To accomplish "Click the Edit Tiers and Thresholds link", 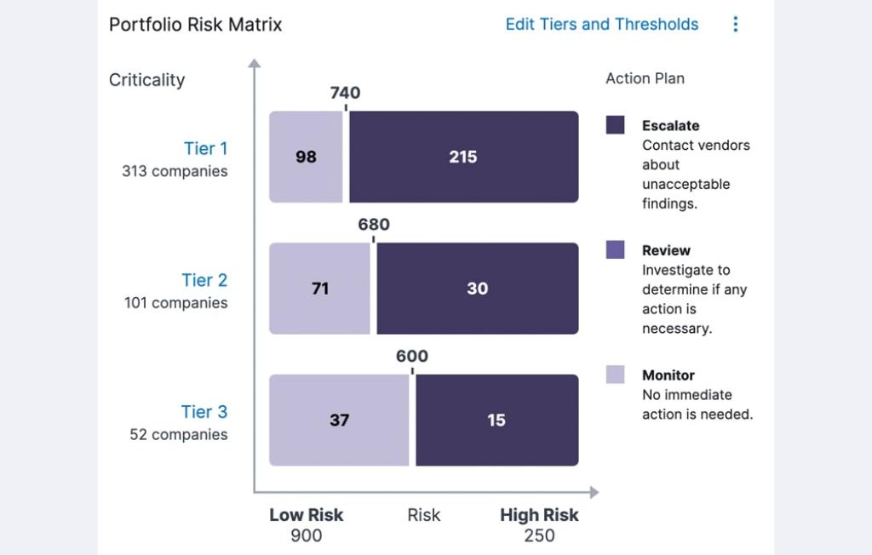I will pos(601,25).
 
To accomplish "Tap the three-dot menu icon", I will pos(736,25).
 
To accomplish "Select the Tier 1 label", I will pos(205,149).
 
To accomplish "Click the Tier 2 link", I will pos(204,280).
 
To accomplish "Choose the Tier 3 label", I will pos(204,412).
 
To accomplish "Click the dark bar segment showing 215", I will pos(463,157).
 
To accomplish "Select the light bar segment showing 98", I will pos(306,157).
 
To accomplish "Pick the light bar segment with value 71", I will pos(319,289).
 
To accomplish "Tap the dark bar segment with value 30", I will pos(477,289).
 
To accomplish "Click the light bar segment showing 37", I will pos(339,420).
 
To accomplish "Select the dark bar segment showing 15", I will pos(496,420).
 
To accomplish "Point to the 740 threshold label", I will pos(345,93).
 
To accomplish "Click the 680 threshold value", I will pos(373,225).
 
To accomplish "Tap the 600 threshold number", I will pos(412,357).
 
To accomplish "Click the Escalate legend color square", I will pos(615,125).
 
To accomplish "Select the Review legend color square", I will pos(615,249).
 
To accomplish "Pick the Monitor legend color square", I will pos(615,375).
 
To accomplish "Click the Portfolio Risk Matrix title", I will pos(195,25).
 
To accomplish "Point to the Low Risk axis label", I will pos(306,515).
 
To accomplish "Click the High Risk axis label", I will pos(539,515).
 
